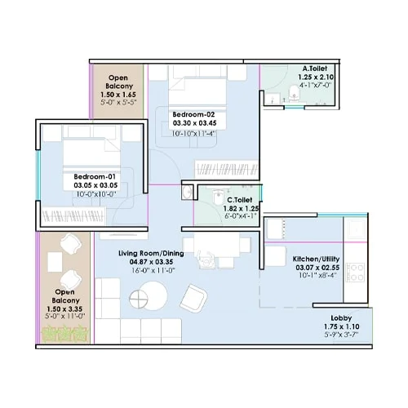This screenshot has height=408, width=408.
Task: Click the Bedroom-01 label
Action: pyautogui.click(x=96, y=176)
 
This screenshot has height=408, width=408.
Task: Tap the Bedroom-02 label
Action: pyautogui.click(x=194, y=113)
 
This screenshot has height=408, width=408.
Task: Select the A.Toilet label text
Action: pyautogui.click(x=315, y=69)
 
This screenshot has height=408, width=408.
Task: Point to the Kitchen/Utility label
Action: pyautogui.click(x=319, y=259)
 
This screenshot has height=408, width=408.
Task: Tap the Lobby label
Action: pyautogui.click(x=341, y=317)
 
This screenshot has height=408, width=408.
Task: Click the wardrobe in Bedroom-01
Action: pyautogui.click(x=82, y=215)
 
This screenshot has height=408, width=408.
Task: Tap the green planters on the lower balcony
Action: pyautogui.click(x=64, y=333)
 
